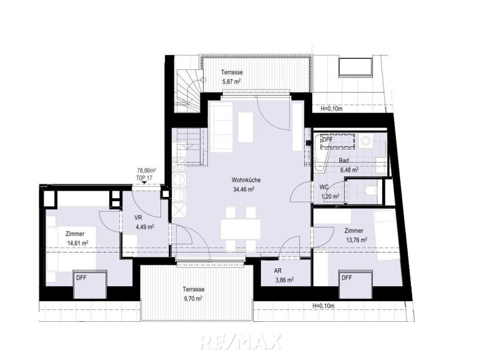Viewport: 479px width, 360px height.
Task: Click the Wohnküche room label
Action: (x=246, y=180)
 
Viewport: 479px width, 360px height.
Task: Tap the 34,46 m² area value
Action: (x=244, y=189)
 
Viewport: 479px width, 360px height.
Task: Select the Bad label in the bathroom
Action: (x=343, y=161)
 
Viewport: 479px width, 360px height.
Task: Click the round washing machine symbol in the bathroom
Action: (x=365, y=141)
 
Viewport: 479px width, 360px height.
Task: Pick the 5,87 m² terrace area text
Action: (x=232, y=82)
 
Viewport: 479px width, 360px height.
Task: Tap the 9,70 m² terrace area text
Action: (x=193, y=298)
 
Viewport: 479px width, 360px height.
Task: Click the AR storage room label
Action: (x=278, y=271)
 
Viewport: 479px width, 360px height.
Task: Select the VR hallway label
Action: (x=138, y=217)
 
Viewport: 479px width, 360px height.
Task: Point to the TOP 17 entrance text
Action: (x=144, y=178)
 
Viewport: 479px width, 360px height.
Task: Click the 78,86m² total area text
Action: (x=146, y=170)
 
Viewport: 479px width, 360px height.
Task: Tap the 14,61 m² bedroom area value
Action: (x=77, y=243)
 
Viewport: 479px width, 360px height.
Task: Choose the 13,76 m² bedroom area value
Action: (x=357, y=240)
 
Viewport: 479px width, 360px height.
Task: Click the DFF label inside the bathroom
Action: (x=327, y=139)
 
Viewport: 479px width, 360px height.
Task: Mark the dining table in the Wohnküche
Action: (x=240, y=229)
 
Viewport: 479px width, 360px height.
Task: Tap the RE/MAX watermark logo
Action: (x=240, y=342)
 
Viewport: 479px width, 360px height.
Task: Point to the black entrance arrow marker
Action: (x=144, y=183)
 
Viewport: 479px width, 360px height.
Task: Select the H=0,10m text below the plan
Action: (x=323, y=306)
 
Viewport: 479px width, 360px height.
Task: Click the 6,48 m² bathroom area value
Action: (x=350, y=169)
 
